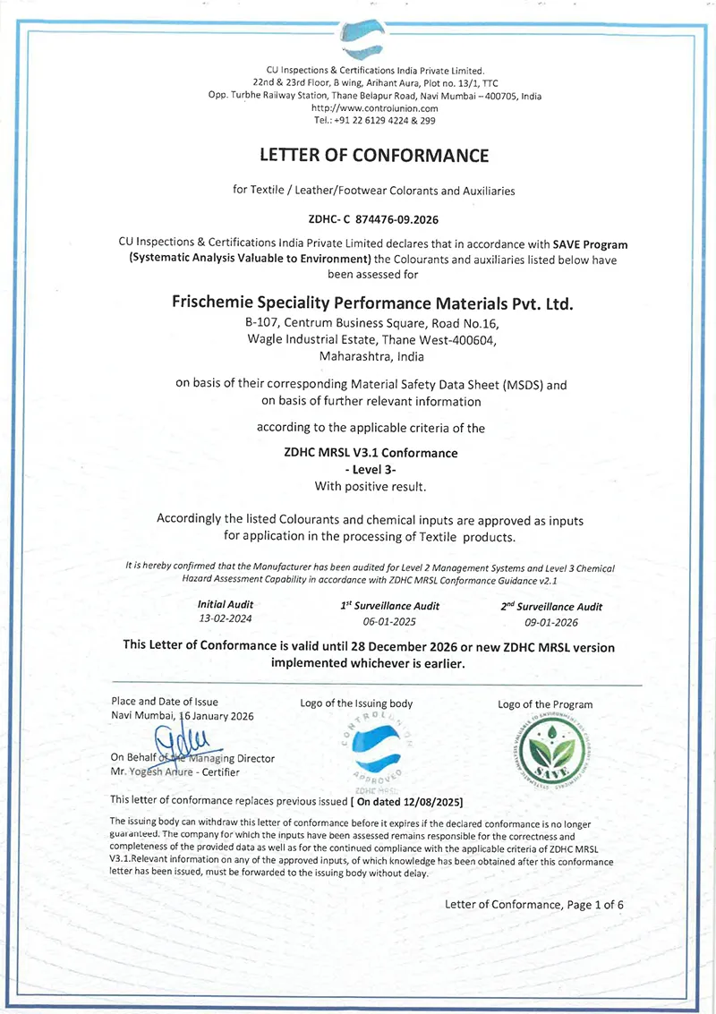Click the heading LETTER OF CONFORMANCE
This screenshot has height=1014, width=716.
[374, 155]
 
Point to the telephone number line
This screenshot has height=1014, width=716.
[374, 119]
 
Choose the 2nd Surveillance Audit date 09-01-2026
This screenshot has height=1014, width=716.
[551, 621]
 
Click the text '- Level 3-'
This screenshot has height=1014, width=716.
[371, 469]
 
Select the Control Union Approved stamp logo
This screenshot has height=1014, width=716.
[376, 749]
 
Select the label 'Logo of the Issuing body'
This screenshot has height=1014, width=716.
[356, 703]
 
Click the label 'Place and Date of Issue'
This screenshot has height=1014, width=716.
[165, 702]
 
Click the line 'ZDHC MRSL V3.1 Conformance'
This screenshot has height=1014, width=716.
[371, 452]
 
